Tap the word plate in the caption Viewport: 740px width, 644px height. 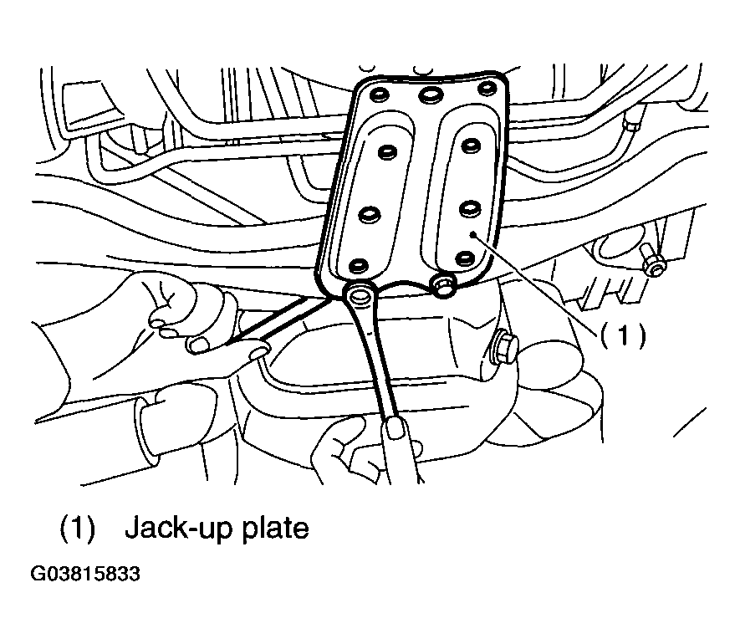point(275,529)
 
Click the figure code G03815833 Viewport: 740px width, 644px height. point(85,574)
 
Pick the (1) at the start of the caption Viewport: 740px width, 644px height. point(78,529)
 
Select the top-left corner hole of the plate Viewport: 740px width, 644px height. point(380,95)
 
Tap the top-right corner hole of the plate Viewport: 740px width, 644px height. point(486,89)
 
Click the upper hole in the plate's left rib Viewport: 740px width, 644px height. point(387,152)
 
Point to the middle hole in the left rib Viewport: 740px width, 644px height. point(370,215)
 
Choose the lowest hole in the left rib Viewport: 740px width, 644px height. point(360,266)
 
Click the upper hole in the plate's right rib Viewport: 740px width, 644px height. point(471,145)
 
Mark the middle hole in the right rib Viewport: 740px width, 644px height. point(470,209)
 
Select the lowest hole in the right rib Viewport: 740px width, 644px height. point(466,258)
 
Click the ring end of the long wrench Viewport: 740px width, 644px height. point(360,296)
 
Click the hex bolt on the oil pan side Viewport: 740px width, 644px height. point(504,346)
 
